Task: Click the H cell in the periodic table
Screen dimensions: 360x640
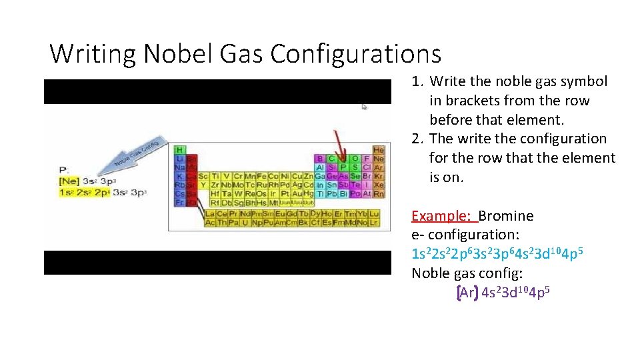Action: pos(179,150)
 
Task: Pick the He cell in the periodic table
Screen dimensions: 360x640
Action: pos(379,150)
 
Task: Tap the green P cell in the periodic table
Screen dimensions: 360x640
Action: pos(344,167)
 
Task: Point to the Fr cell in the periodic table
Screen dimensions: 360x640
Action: pos(179,202)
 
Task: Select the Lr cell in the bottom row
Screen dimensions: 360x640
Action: pos(374,222)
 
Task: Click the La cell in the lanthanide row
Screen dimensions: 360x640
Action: pos(210,214)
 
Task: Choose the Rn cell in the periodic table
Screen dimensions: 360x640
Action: pos(379,193)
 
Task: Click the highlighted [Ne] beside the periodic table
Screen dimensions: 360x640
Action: pos(69,181)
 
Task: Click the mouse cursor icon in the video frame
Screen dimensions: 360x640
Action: pos(365,106)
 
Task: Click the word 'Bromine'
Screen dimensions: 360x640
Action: pos(506,216)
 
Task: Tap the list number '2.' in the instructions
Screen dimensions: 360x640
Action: pos(418,139)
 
